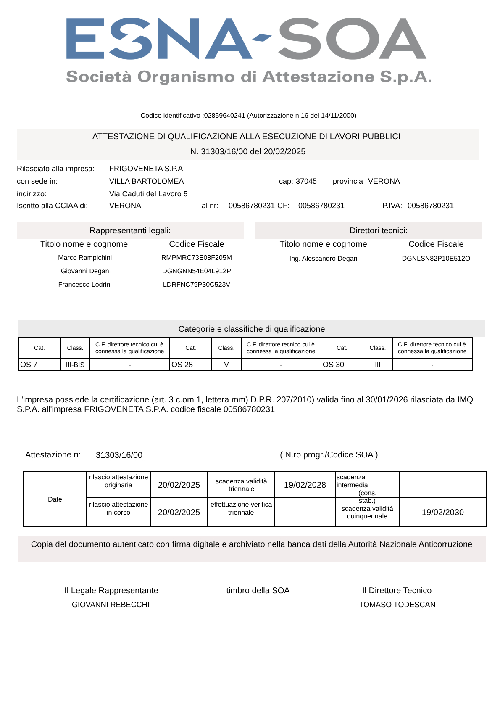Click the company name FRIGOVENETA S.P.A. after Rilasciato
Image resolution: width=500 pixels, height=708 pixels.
(147, 169)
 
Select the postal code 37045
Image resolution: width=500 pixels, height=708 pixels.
(306, 181)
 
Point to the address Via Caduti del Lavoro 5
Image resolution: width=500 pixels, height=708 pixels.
(148, 194)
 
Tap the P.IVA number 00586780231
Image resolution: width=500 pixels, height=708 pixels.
(430, 206)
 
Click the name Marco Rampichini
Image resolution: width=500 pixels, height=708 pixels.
(85, 258)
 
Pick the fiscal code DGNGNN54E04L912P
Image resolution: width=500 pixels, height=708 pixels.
(197, 271)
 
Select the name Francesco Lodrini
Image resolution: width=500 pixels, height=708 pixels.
(85, 285)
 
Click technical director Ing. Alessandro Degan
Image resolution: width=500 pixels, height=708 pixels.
(323, 259)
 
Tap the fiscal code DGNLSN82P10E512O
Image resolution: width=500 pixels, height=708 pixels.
(436, 259)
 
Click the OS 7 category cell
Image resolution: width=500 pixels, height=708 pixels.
(39, 365)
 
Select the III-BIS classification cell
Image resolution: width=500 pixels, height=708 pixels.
(75, 365)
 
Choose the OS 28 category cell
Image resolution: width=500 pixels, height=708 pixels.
(191, 365)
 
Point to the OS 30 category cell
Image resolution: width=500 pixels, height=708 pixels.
(342, 365)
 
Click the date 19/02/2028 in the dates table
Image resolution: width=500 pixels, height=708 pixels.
(305, 485)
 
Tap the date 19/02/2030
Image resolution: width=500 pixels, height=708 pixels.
(442, 512)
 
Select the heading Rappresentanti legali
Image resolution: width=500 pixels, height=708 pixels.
(130, 230)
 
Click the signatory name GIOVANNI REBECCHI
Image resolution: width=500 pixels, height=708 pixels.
(111, 605)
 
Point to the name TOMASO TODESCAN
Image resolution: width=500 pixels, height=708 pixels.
(397, 605)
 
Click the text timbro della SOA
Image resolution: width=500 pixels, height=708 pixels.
(258, 590)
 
